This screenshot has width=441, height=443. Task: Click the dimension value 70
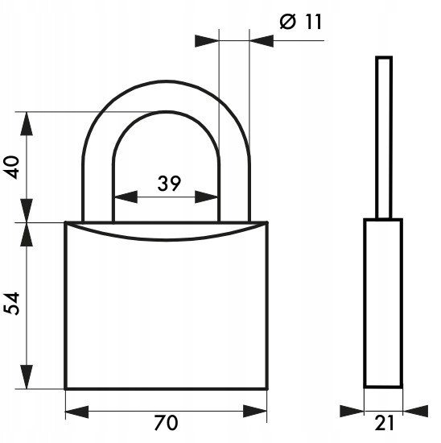pos(167,423)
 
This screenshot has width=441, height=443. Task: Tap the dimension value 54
pos(11,304)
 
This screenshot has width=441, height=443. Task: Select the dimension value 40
pos(11,167)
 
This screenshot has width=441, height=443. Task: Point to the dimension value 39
pos(169,184)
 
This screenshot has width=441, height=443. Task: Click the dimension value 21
pos(384,423)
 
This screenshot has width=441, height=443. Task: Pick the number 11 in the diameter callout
pos(313,22)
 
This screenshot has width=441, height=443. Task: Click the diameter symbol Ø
pos(288,22)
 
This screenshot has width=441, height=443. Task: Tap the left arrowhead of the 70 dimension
pos(76,412)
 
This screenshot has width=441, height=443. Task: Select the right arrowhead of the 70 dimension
pos(255,412)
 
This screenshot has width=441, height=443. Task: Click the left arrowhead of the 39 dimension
pos(126,197)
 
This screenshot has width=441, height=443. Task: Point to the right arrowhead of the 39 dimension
pos(207,197)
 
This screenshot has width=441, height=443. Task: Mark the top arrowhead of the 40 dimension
pos(27,124)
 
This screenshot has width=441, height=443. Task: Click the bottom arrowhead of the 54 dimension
pos(27,377)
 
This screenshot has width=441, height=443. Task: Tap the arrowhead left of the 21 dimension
pos(352,411)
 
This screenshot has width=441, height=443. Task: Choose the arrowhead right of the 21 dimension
pos(415,411)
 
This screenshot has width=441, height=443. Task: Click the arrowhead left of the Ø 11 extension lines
pos(207,41)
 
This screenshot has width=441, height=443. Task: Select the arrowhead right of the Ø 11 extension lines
pos(262,41)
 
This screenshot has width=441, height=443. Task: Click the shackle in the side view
pos(384,138)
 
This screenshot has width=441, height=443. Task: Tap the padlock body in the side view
pos(383,303)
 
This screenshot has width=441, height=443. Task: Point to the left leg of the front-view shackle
pos(98,193)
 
